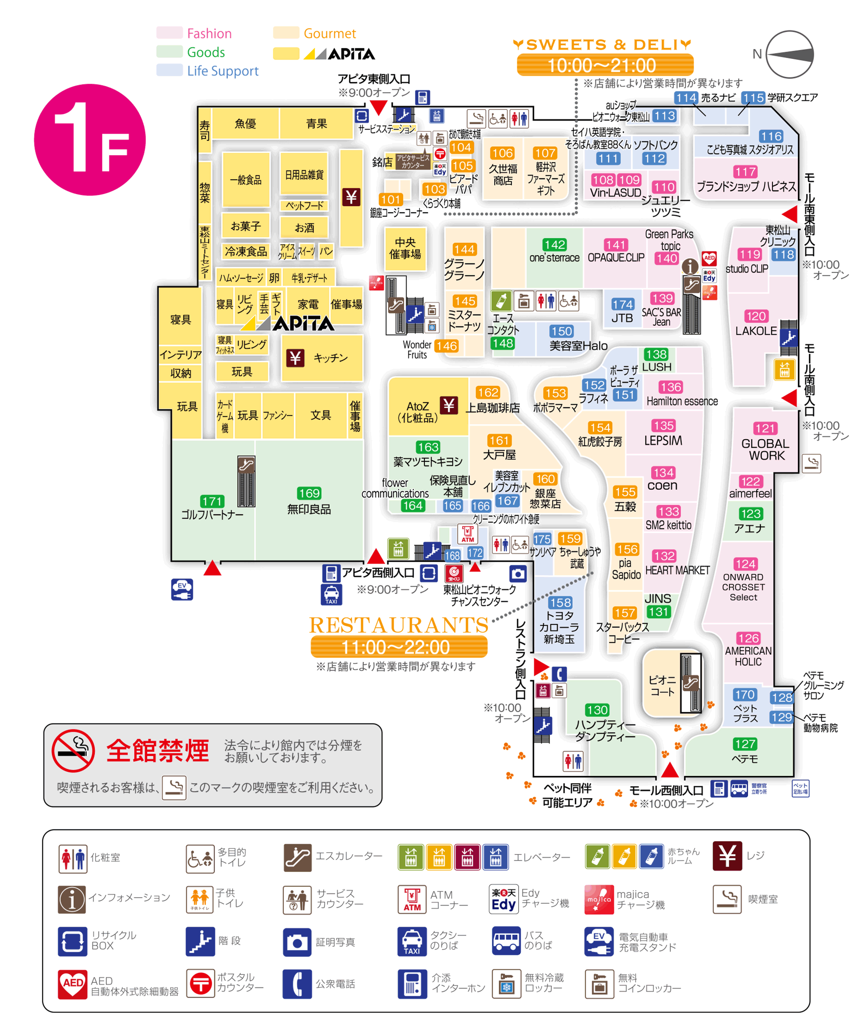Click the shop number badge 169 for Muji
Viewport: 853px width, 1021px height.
click(x=309, y=493)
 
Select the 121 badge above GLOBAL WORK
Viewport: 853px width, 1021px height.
click(x=765, y=429)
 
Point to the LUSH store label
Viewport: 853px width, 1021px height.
click(x=657, y=367)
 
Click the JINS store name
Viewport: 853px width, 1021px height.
click(x=658, y=598)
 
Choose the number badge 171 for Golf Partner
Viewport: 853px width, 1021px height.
click(x=212, y=501)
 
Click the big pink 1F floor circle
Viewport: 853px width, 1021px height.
click(x=90, y=140)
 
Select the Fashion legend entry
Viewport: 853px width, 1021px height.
click(x=209, y=34)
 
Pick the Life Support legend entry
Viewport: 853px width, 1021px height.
click(x=223, y=71)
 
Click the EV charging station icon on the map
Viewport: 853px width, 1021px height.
click(x=182, y=589)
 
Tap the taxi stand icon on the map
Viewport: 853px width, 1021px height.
click(x=331, y=595)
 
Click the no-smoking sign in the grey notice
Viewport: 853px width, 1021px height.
click(x=73, y=751)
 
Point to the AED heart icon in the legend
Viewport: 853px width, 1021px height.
click(x=73, y=983)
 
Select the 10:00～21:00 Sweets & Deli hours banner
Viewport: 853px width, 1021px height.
click(x=605, y=65)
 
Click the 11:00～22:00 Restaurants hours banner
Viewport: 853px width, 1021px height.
click(x=399, y=647)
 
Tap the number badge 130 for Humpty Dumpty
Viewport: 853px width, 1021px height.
click(x=597, y=710)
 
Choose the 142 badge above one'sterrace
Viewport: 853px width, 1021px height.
click(x=554, y=245)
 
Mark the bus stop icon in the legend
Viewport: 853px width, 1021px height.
click(x=506, y=941)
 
